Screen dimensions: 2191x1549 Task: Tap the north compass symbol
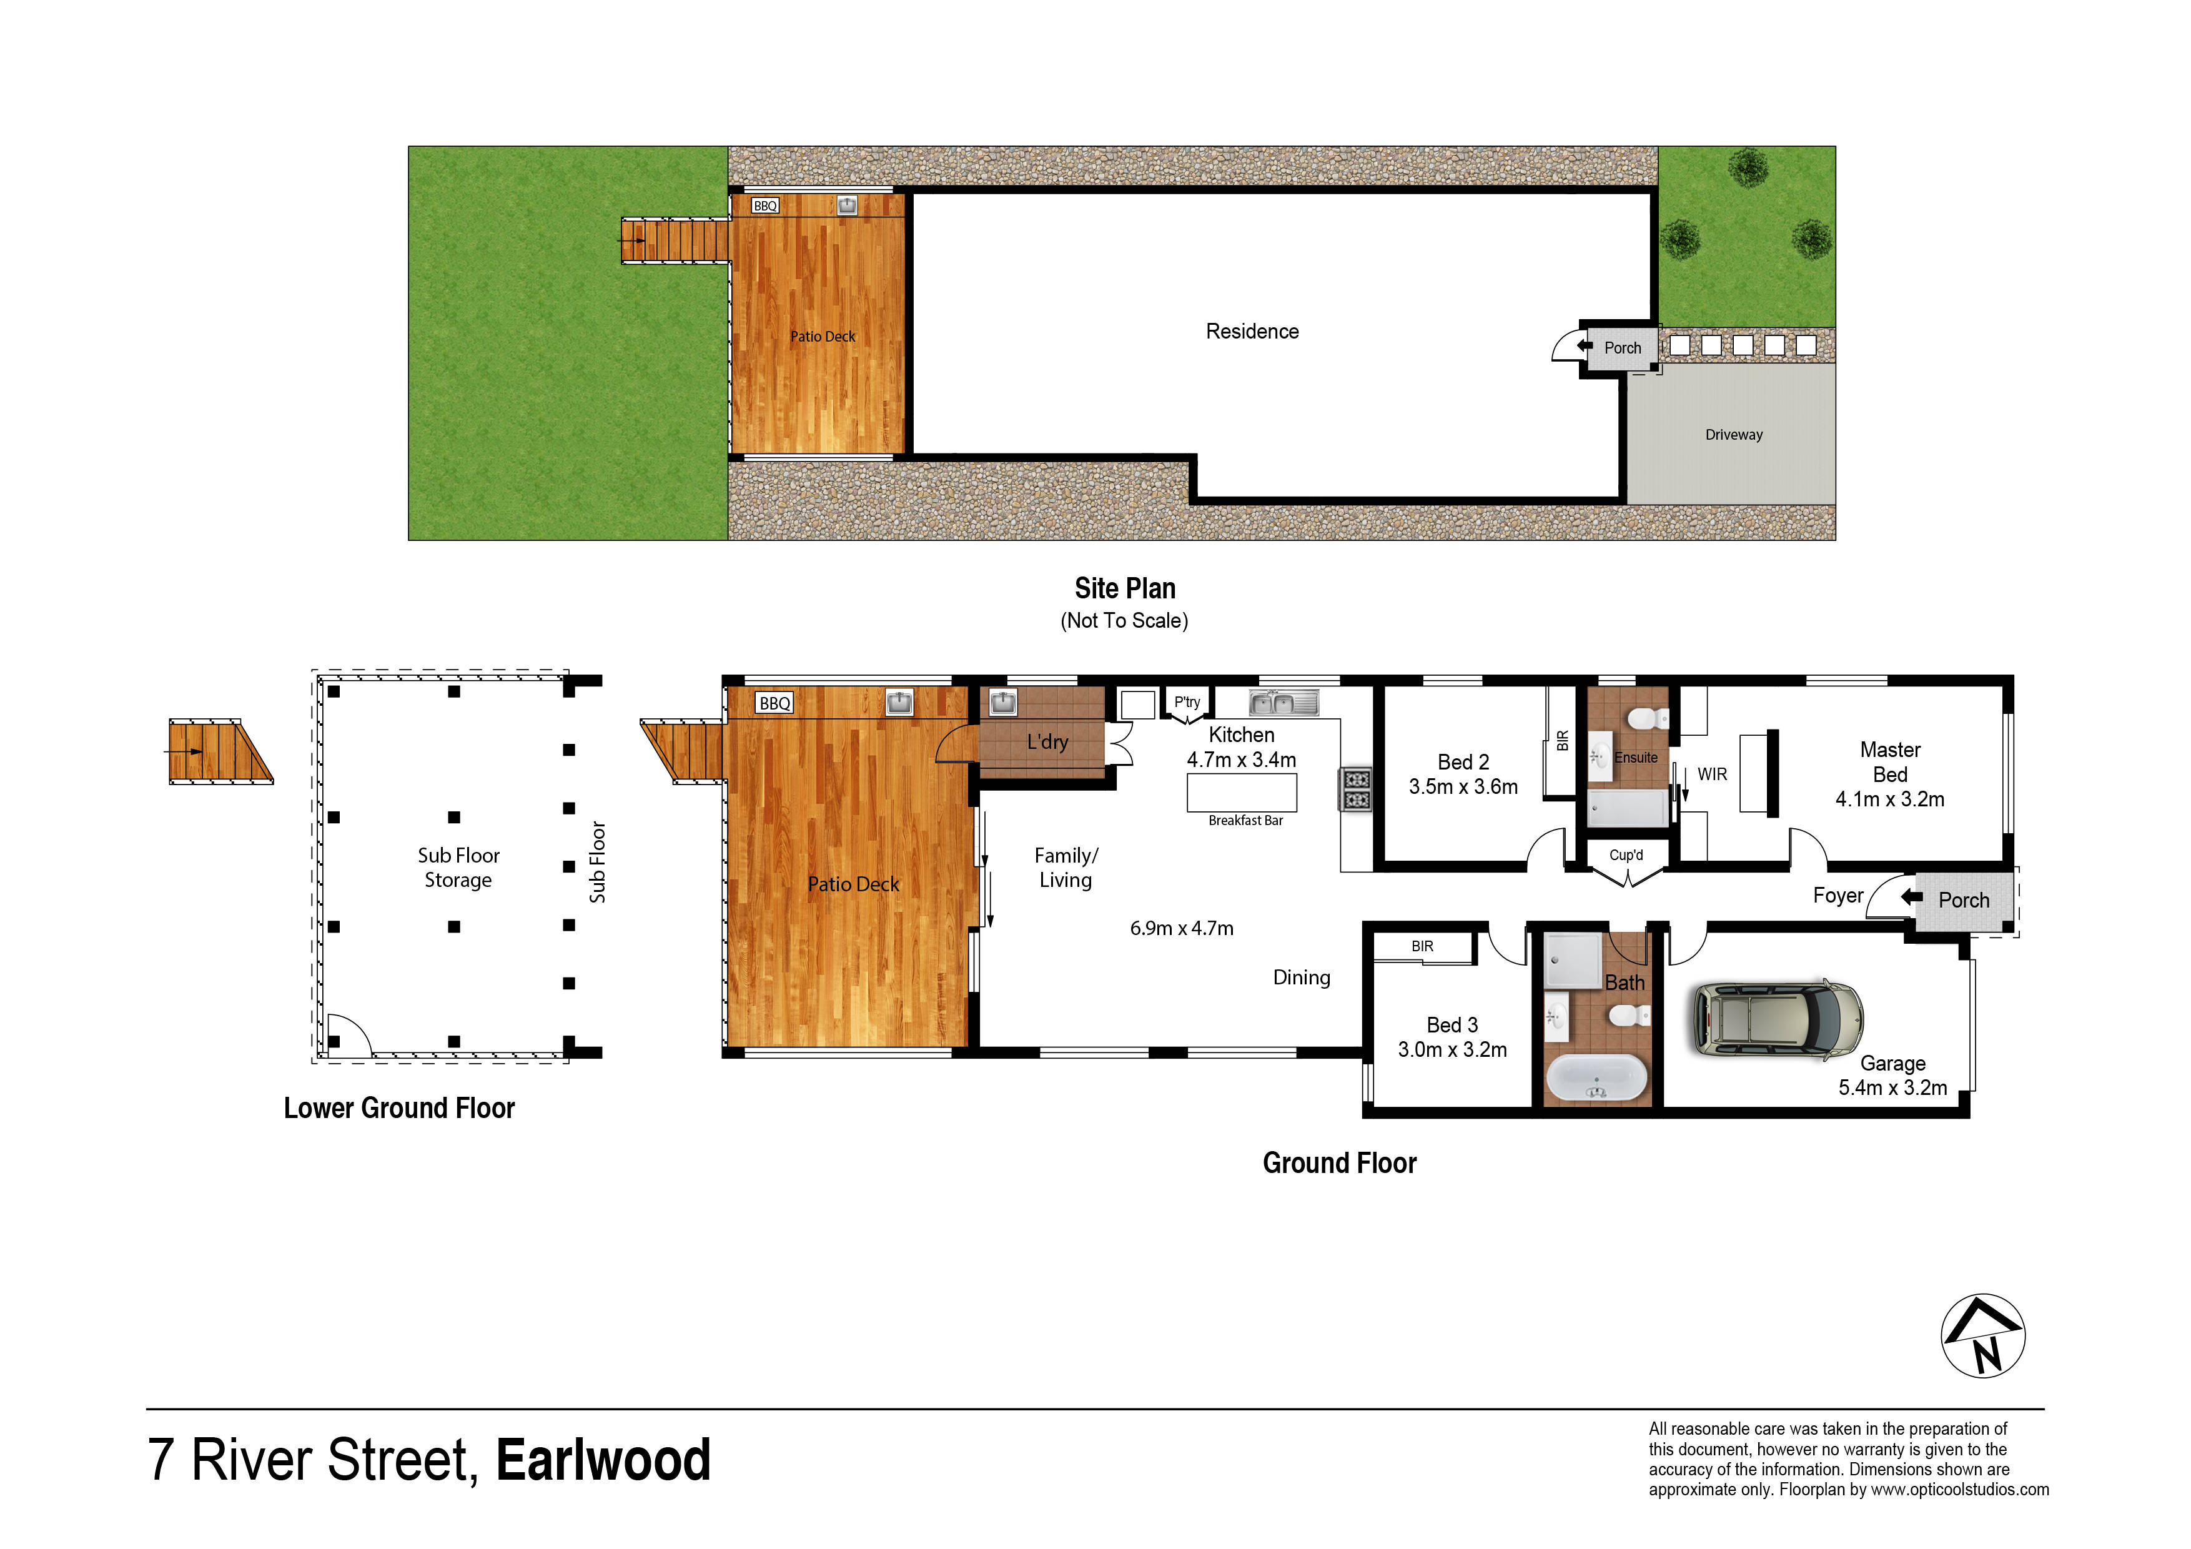(1983, 1335)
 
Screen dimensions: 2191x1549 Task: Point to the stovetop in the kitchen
(1356, 789)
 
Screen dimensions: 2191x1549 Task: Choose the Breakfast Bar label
(1245, 821)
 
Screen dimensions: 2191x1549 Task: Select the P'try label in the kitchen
(1187, 703)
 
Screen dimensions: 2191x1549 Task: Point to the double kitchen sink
(1283, 703)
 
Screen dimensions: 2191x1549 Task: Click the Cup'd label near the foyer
(1626, 855)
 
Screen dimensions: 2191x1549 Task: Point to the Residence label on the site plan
(1252, 331)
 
